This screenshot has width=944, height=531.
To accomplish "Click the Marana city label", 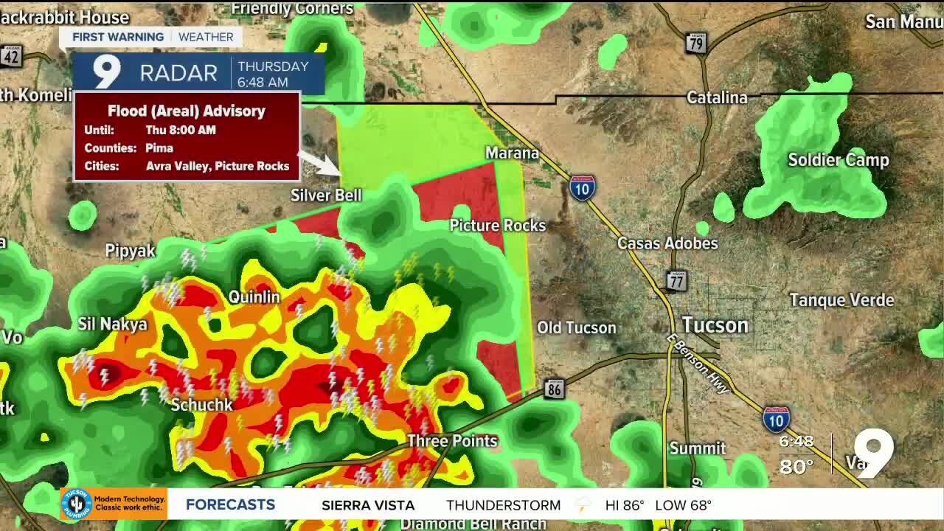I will tap(512, 153).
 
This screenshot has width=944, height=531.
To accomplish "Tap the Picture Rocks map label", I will tap(498, 225).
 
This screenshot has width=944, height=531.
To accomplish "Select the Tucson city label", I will tap(715, 325).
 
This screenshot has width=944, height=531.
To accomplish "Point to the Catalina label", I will tap(717, 97).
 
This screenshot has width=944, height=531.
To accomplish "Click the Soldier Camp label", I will tap(839, 160).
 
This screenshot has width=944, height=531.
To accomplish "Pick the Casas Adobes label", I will tap(667, 243).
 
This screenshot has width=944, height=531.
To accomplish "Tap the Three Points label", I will tap(453, 440).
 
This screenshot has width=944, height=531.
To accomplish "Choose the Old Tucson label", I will tap(576, 327).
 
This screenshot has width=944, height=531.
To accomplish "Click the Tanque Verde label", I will tap(841, 300).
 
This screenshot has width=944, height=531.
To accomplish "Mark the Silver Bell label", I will tap(326, 195).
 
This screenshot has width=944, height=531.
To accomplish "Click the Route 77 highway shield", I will tap(676, 281).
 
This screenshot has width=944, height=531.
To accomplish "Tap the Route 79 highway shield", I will tap(695, 44).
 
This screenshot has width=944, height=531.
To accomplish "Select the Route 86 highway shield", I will tap(554, 389).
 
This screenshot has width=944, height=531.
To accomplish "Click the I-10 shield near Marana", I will tap(582, 188).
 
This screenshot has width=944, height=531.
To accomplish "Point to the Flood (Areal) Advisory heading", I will tap(187, 111).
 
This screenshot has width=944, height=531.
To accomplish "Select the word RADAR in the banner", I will tap(178, 73).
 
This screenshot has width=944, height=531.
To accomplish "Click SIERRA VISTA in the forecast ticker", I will tap(368, 505).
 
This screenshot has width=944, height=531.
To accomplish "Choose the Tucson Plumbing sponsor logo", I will tap(76, 504).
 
